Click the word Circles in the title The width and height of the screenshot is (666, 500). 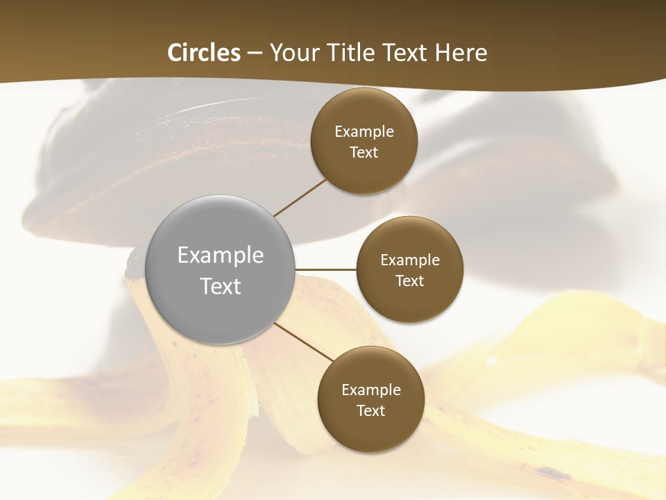(204, 53)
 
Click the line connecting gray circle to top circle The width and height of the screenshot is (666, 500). (300, 197)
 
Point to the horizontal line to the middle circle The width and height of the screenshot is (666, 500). (326, 269)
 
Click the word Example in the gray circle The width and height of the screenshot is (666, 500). (221, 256)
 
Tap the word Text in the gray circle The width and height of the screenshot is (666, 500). (221, 286)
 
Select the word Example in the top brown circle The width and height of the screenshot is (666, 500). (364, 132)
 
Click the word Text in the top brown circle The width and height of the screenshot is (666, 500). (364, 153)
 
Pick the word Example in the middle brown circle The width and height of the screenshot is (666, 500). (409, 260)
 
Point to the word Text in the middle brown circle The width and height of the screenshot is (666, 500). (409, 281)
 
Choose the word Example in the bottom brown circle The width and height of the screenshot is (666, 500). (370, 390)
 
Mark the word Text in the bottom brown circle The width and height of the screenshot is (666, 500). (370, 411)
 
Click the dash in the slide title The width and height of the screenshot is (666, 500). (255, 53)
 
